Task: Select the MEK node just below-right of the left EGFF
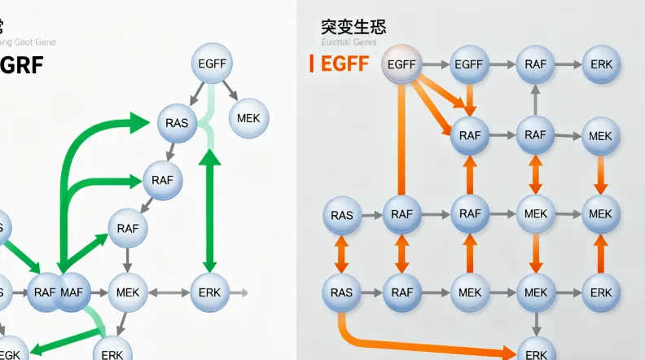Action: [248, 118]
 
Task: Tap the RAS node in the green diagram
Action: [177, 124]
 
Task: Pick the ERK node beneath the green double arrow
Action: [210, 292]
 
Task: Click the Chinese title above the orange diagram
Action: [353, 27]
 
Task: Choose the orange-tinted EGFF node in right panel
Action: [401, 64]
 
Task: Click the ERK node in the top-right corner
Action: [601, 64]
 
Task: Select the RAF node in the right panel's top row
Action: [535, 64]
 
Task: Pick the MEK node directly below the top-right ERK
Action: [601, 135]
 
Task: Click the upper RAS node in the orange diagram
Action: [342, 215]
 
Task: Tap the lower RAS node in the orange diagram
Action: [342, 292]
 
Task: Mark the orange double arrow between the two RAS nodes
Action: [342, 253]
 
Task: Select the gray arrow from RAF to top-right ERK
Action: [568, 64]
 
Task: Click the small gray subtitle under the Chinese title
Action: [349, 42]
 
